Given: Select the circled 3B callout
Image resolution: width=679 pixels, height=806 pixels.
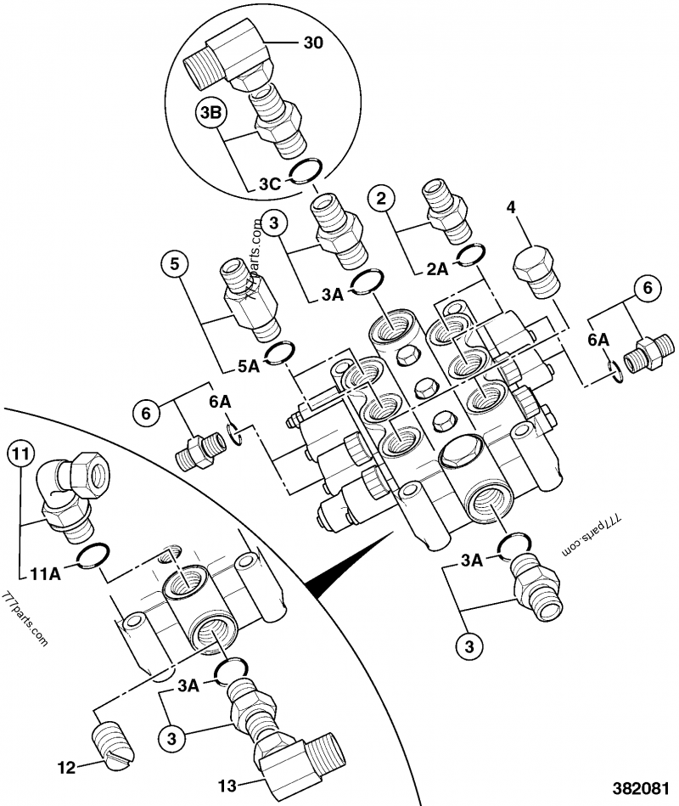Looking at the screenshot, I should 212,113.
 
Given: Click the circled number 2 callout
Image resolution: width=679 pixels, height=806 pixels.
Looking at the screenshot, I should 382,200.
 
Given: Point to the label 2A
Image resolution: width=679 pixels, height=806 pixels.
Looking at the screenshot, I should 436,269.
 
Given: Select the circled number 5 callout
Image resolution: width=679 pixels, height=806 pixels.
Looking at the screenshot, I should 174,264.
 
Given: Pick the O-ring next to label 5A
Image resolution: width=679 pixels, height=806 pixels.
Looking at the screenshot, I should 281,352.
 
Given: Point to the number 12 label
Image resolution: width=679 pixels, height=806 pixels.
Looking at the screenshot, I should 65,768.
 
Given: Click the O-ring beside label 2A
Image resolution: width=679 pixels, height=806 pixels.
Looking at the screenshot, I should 472,255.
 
